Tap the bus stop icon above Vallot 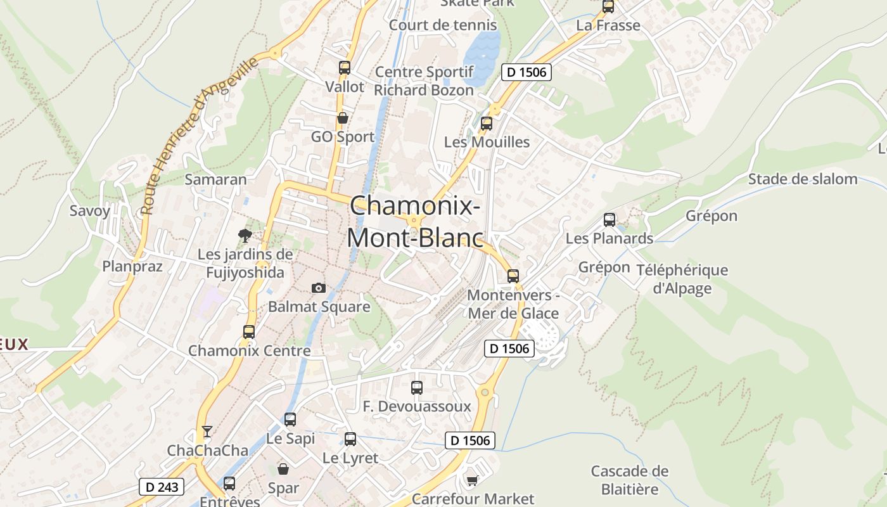345,67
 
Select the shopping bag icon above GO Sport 343,118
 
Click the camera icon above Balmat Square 319,288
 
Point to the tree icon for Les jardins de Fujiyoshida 245,236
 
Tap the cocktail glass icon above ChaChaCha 207,432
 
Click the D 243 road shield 162,487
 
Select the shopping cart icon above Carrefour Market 472,480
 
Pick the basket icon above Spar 283,469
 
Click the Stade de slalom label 803,179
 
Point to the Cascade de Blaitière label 630,480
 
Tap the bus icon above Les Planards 609,220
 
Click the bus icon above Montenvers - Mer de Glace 513,276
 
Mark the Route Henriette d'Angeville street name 200,135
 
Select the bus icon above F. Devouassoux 417,388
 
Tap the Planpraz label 132,266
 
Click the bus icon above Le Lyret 350,439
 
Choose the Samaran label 215,179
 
